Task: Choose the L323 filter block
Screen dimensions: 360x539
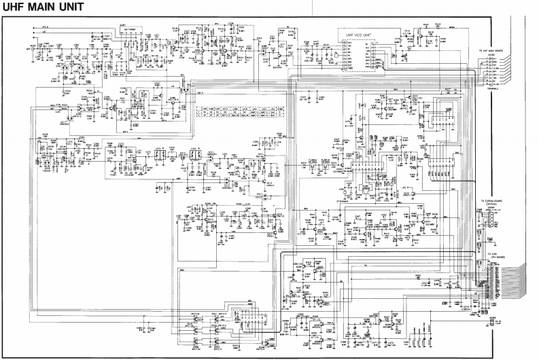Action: (x=194, y=156)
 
